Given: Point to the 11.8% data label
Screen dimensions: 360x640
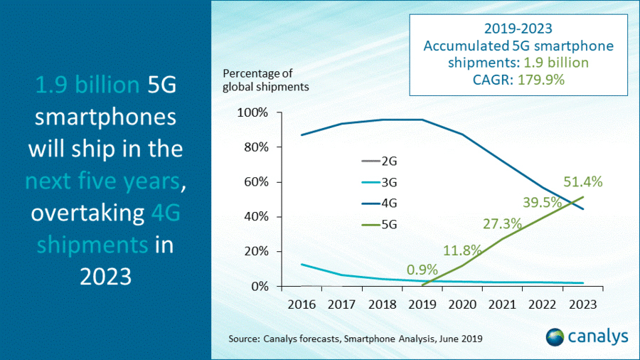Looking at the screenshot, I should tap(462, 250).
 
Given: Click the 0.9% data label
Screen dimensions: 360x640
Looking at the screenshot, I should tap(422, 270).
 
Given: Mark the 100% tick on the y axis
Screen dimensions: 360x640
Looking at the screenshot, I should tap(252, 113).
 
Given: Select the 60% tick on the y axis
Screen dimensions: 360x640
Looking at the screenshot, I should tap(255, 182).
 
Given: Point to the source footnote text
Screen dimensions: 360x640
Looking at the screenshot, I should tap(356, 339).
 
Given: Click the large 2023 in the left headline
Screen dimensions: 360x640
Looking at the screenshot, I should tap(105, 275).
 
